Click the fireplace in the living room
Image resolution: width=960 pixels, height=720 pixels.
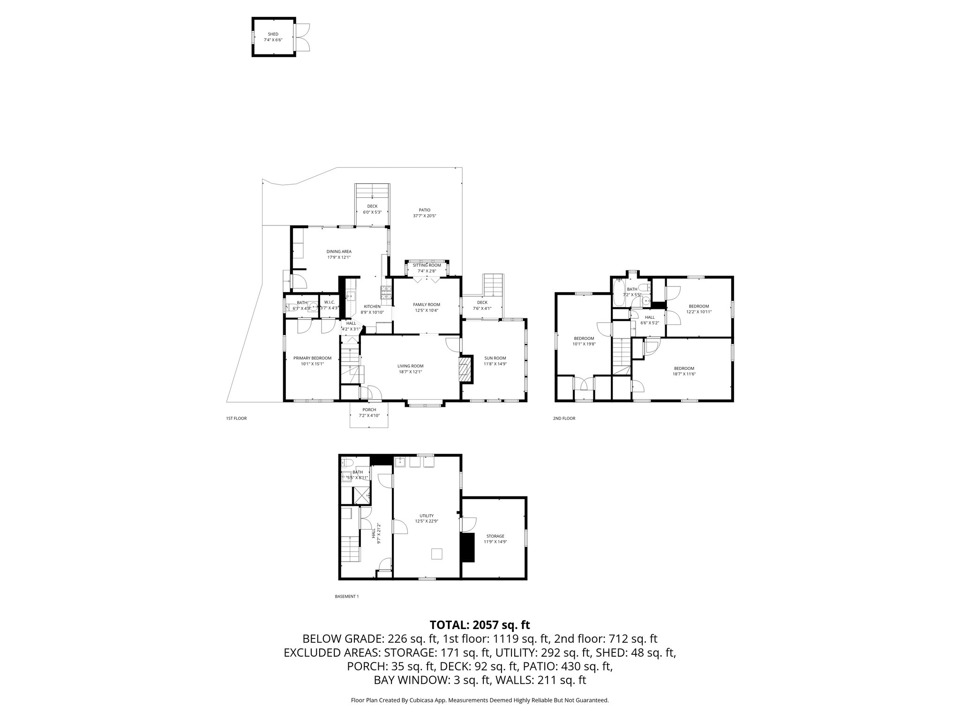click(465, 370)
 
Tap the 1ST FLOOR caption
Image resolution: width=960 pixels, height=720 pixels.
click(236, 418)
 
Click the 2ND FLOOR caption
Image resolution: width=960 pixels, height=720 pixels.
click(564, 418)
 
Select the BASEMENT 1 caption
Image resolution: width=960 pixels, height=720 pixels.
click(347, 596)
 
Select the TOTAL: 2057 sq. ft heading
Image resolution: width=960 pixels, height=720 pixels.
click(480, 625)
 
